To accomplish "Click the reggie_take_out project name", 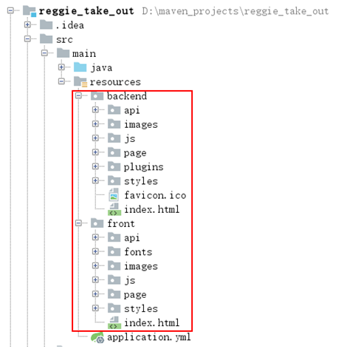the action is click(x=86, y=11).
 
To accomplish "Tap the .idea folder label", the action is click(x=70, y=25).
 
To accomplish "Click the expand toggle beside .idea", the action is click(x=27, y=24).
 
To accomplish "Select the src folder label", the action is click(x=64, y=39).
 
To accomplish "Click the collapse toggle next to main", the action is click(x=44, y=53).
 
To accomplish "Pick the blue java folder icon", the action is click(x=80, y=67).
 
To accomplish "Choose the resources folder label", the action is click(x=115, y=82).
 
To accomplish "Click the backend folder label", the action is click(x=127, y=96).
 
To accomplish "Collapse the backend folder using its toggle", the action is click(x=78, y=95).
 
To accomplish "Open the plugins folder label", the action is click(x=144, y=167).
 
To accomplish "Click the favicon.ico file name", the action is click(x=155, y=195).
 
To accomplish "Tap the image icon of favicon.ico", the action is click(x=114, y=195).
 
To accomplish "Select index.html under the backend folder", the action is click(x=152, y=209).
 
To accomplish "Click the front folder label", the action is click(x=121, y=223).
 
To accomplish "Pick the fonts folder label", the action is click(x=138, y=252).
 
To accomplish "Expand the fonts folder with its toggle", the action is click(x=95, y=251).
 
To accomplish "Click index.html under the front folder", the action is click(x=152, y=323).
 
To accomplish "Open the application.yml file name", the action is click(x=149, y=337).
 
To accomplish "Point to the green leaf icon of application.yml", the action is click(x=97, y=337).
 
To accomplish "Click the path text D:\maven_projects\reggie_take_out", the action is click(x=236, y=11).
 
